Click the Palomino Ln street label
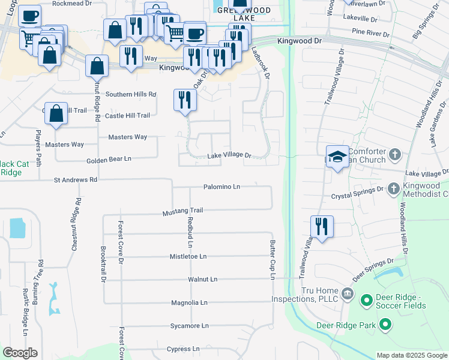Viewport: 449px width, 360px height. tap(221, 187)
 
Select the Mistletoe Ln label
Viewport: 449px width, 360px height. tap(188, 256)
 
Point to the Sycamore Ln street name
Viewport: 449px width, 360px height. tap(190, 326)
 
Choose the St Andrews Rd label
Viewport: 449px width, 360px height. tap(75, 179)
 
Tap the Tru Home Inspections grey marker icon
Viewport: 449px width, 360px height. tap(347, 293)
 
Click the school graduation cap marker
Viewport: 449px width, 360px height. tap(337, 157)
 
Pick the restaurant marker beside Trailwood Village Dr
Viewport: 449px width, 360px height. tap(322, 227)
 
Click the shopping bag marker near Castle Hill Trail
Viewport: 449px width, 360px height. tap(56, 113)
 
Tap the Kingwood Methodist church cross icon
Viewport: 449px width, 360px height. tap(393, 188)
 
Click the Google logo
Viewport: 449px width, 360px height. tap(20, 353)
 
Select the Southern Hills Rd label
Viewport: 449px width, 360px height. tap(131, 94)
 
